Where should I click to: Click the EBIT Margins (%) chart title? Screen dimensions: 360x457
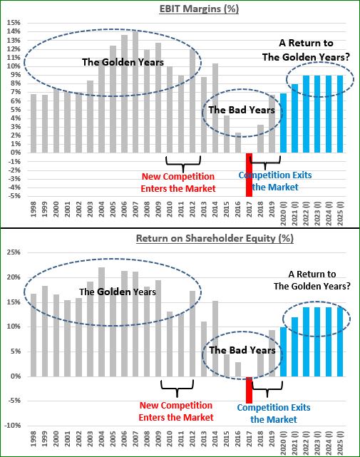[199, 9]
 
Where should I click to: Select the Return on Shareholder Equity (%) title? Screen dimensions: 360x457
[215, 238]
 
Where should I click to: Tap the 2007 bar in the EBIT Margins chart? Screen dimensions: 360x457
[135, 92]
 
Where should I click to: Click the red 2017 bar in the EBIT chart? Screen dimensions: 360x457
[249, 175]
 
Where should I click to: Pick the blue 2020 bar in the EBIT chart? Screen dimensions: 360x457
[283, 123]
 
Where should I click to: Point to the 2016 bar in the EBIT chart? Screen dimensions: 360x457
[238, 143]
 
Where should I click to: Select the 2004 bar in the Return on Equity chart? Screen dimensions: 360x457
[101, 322]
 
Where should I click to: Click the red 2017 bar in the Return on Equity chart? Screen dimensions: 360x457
[249, 390]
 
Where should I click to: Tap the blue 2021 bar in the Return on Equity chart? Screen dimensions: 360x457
[294, 346]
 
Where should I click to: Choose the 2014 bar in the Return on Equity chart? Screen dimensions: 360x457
[215, 339]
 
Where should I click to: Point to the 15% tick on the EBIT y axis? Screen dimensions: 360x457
[14, 23]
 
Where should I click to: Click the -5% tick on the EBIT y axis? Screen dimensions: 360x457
[14, 196]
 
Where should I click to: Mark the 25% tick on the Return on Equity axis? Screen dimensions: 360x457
[14, 252]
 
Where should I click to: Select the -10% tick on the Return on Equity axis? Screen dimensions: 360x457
[13, 426]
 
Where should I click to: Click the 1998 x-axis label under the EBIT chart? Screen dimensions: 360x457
[34, 210]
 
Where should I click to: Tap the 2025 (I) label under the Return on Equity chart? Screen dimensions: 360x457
[340, 443]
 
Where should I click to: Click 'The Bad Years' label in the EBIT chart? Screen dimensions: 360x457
[242, 110]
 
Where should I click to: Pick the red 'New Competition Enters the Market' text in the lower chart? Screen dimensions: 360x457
[176, 411]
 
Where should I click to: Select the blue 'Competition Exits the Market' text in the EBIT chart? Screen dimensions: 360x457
[275, 181]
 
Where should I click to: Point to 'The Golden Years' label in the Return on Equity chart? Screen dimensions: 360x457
[118, 292]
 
